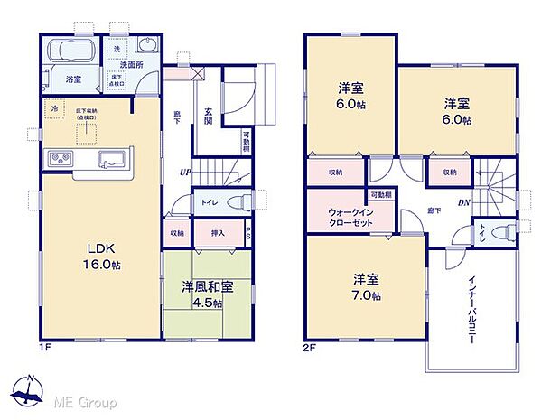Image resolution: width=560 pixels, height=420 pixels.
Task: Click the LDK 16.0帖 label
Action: click(105, 254)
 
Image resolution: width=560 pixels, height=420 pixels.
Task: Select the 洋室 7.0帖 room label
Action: click(367, 287)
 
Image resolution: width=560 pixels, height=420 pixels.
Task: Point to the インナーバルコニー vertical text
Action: click(473, 303)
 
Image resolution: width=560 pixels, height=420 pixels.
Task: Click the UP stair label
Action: click(185, 173)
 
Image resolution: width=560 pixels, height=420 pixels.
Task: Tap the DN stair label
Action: click(463, 202)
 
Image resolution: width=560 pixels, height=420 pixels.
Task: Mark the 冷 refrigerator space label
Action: click(55, 108)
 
